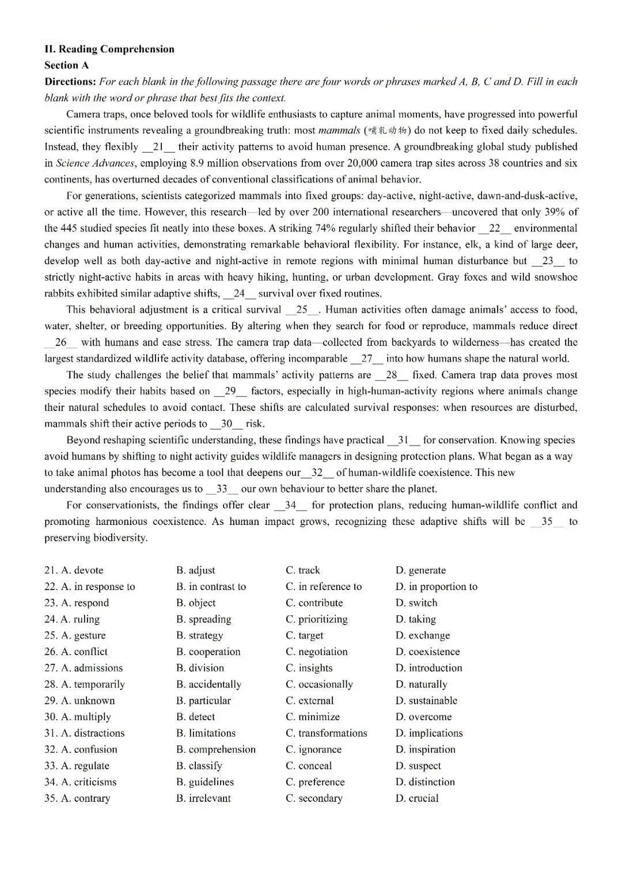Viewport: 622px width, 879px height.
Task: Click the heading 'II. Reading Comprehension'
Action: tap(109, 49)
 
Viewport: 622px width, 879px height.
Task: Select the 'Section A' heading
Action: tap(66, 65)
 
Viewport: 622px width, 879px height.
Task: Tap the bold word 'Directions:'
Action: tap(70, 82)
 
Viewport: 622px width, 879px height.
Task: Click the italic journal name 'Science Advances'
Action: tap(95, 163)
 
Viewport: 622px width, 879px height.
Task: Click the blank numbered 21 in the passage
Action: tap(158, 147)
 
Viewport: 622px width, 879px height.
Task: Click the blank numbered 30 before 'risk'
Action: tap(226, 424)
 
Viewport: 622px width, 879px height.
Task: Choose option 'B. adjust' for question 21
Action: tap(196, 570)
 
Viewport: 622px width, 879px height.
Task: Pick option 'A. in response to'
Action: tap(97, 587)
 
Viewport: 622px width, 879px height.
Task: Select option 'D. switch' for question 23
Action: tap(416, 603)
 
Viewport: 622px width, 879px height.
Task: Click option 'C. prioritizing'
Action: tap(317, 619)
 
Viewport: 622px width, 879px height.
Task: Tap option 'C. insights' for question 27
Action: tap(309, 668)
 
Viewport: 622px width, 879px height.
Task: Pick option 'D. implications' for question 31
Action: tap(429, 733)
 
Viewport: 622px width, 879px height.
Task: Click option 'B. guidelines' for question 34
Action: tap(205, 782)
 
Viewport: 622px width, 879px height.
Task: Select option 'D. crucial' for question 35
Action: tap(417, 798)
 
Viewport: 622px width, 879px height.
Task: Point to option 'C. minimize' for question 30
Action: tap(313, 717)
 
